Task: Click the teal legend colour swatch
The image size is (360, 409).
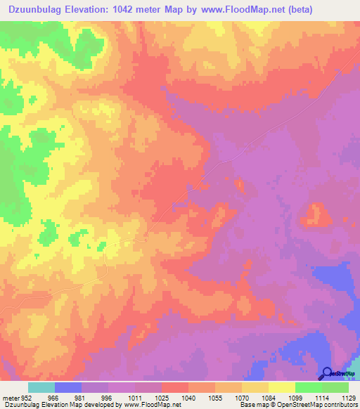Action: pyautogui.click(x=41, y=387)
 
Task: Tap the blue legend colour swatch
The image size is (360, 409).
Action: pyautogui.click(x=68, y=387)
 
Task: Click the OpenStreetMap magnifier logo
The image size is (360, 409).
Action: pyautogui.click(x=326, y=373)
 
